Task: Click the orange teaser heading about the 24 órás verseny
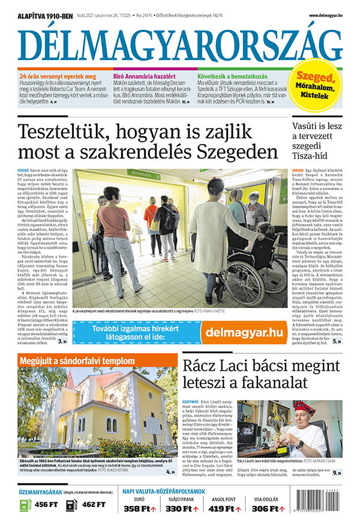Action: (58, 77)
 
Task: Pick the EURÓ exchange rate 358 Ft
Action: (139, 509)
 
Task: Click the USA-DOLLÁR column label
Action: (267, 499)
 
